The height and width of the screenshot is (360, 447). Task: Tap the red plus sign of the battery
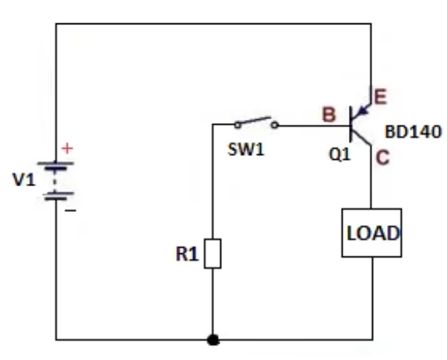67,148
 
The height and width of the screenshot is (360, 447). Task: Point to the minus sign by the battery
69,210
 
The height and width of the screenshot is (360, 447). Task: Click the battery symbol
57,181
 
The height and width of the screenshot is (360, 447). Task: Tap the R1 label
187,254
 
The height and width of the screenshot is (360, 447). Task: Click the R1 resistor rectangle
213,254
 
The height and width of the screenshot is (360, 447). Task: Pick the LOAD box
372,232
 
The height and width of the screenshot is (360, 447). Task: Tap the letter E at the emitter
381,97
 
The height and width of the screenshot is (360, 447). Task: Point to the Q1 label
340,154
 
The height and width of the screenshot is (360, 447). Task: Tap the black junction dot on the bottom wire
213,341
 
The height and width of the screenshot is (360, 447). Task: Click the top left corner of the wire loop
56,23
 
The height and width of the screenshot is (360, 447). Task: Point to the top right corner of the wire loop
371,23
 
